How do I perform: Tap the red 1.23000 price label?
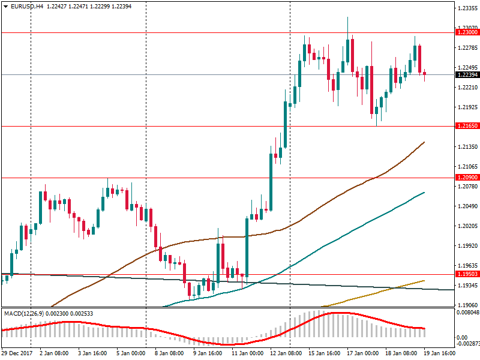pos(467,32)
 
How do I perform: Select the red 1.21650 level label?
pos(467,126)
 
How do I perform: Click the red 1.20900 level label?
pos(467,178)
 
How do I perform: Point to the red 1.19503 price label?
pos(467,274)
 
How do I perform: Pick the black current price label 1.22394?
pos(467,75)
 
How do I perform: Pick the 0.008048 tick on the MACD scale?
pos(467,313)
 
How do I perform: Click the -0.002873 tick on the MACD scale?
pos(467,344)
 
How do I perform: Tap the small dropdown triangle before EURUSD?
pos(5,6)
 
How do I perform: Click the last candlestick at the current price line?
pos(424,74)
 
